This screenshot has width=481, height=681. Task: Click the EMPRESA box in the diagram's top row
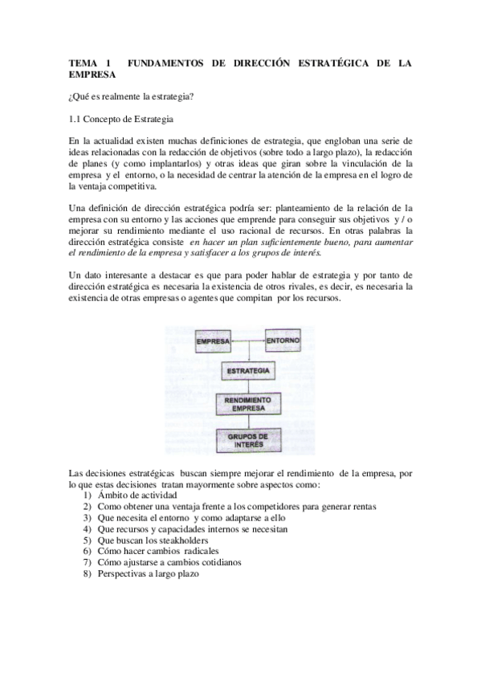tap(212, 340)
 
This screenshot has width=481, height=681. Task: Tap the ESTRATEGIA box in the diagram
tap(248, 373)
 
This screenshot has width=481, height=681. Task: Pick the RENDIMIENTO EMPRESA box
tap(248, 404)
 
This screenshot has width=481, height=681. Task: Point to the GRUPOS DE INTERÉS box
tap(248, 440)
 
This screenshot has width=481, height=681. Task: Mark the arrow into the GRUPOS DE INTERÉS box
tap(248, 422)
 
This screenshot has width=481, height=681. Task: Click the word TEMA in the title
tap(82, 62)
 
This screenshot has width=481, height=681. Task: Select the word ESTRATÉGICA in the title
tap(317, 62)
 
